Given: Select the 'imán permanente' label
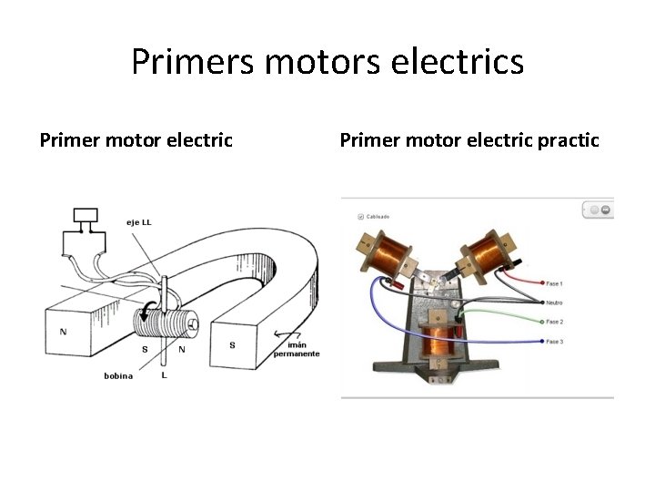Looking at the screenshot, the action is click(297, 350).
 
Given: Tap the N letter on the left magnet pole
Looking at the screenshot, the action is click(63, 332).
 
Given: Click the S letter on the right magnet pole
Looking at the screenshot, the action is click(232, 345).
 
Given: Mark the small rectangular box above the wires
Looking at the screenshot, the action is click(86, 216).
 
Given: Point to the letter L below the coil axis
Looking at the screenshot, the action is click(163, 374).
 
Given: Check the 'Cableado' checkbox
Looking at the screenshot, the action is click(361, 217).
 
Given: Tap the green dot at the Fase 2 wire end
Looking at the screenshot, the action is click(543, 322).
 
